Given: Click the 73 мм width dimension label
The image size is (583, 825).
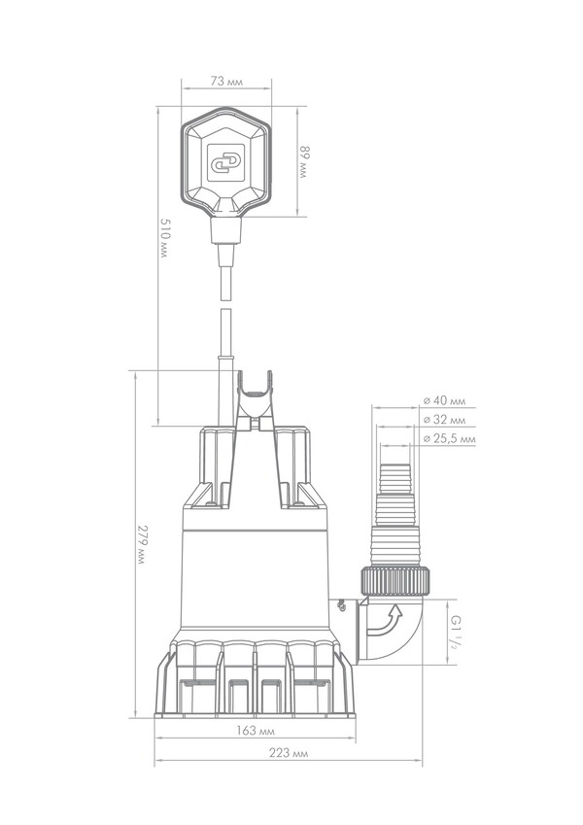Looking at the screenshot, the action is (226, 82).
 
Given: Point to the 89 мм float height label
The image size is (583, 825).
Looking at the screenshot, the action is (304, 161).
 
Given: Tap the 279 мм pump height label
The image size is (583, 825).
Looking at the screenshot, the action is (141, 544).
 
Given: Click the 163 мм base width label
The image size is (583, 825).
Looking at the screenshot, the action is (255, 731).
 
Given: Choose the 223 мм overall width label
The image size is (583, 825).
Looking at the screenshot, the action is (289, 753).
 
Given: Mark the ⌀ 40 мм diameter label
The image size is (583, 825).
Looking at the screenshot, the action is (445, 401).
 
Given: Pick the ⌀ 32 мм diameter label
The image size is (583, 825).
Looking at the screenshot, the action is (445, 420).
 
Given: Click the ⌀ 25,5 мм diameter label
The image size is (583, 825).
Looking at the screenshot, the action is (449, 439).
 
